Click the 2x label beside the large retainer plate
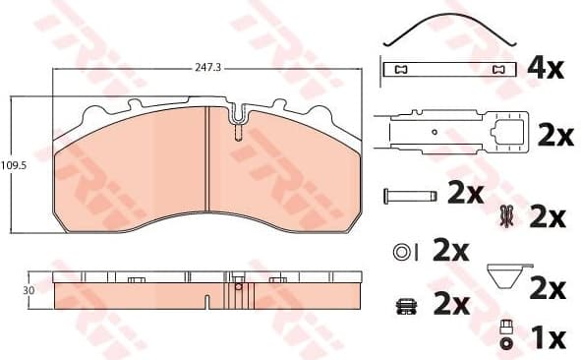coord(555,137)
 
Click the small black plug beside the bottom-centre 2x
coord(403,305)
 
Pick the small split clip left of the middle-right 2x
coord(507,215)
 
